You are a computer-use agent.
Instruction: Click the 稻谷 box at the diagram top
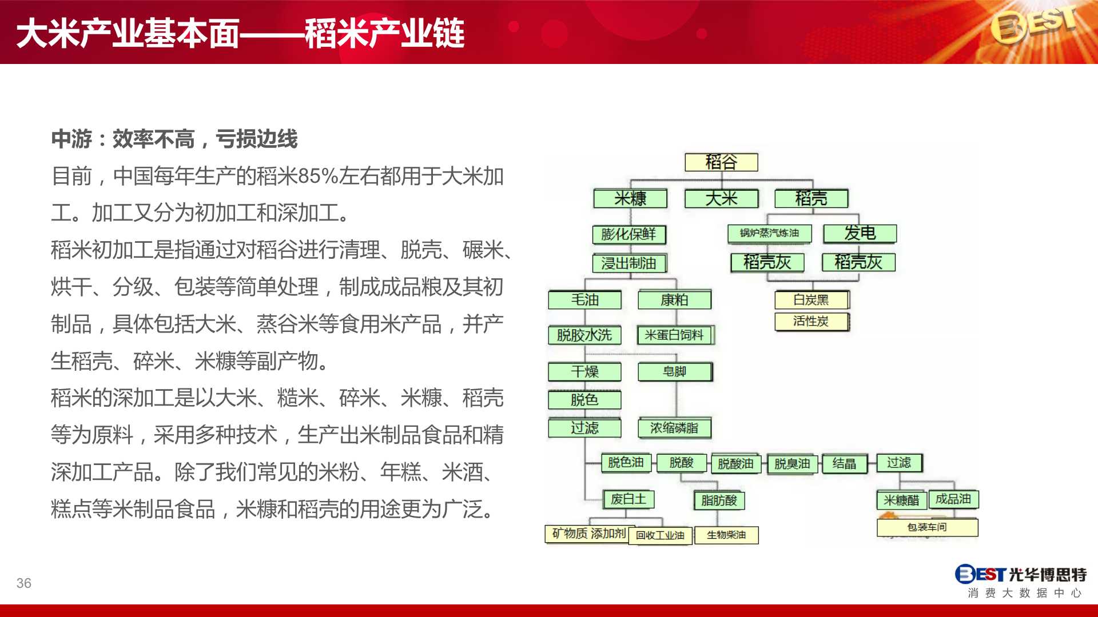coord(721,162)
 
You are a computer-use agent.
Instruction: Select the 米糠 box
coord(630,199)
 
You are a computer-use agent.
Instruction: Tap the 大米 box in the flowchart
coord(721,199)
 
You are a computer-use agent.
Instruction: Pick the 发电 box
coord(860,233)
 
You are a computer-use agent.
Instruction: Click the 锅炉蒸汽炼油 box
coord(769,233)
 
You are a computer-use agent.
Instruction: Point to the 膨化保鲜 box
coord(629,234)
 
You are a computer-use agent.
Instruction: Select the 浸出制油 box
coord(629,263)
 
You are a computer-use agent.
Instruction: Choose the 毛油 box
coord(584,300)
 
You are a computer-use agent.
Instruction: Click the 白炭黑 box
coord(812,300)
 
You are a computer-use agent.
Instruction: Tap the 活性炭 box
coord(812,322)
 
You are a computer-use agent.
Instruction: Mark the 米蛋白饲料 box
coord(675,335)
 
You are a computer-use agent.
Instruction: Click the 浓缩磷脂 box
coord(675,428)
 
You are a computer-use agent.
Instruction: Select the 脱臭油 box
coord(792,464)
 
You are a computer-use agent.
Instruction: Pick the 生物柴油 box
coord(726,535)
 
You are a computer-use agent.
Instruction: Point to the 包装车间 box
coord(927,527)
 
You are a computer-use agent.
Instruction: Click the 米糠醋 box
coord(901,500)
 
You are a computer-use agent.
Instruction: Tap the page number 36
coord(24,583)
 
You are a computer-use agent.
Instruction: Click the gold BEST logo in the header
coord(1034,26)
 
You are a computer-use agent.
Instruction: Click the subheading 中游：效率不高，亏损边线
coord(174,139)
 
